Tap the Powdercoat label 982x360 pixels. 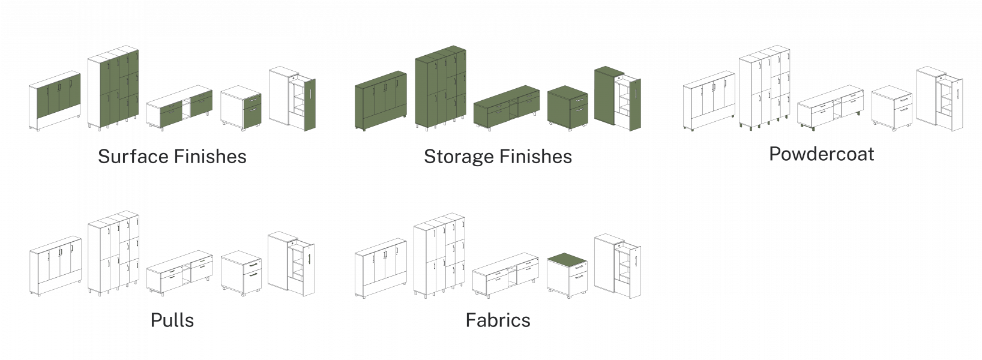click(821, 154)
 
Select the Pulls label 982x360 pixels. click(172, 320)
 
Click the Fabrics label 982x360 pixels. click(498, 320)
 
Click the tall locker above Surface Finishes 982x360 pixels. click(114, 90)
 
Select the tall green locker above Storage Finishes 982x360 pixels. click(440, 90)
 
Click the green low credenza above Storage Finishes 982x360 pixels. click(506, 108)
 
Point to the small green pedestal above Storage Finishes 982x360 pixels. click(567, 107)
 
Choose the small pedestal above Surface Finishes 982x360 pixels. click(240, 108)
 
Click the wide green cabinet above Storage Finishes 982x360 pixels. click(381, 101)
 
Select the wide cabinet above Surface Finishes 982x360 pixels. click(55, 101)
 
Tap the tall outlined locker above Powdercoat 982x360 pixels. click(765, 89)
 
